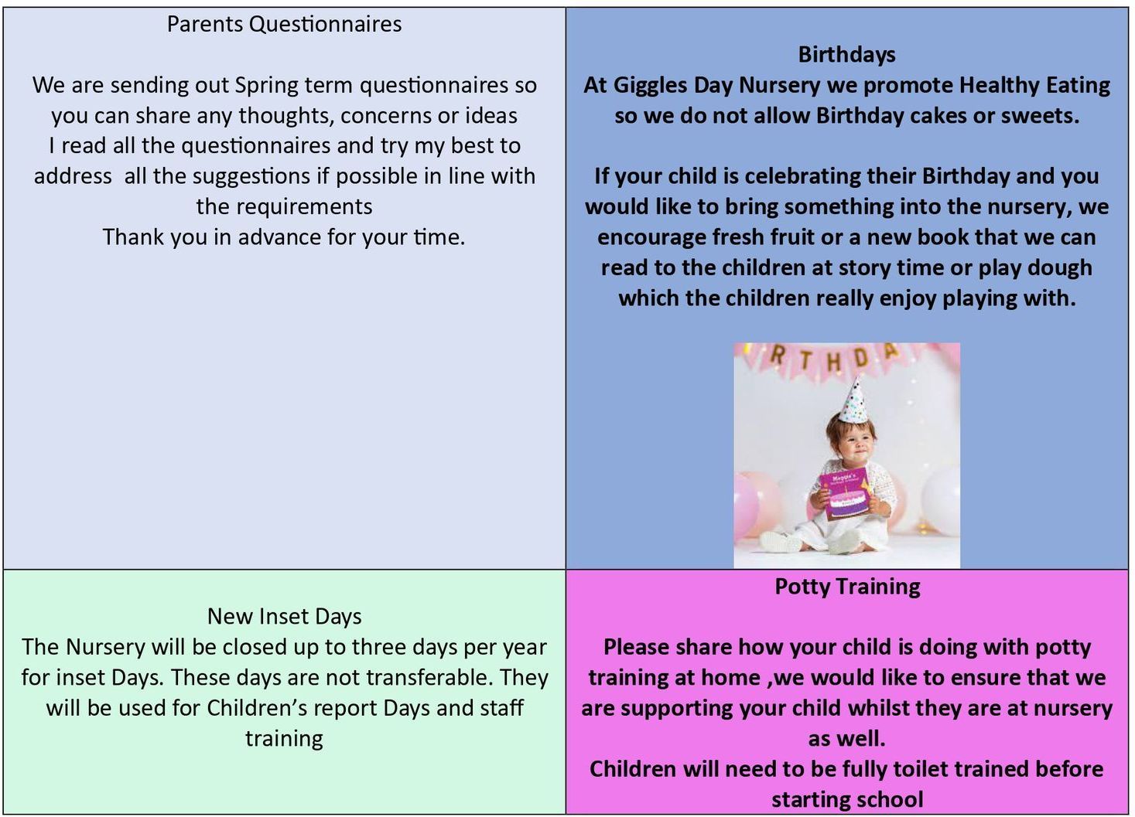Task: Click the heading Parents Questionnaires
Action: point(284,24)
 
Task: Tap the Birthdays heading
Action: point(846,55)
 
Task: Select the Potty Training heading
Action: point(847,587)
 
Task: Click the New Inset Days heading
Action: point(284,617)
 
